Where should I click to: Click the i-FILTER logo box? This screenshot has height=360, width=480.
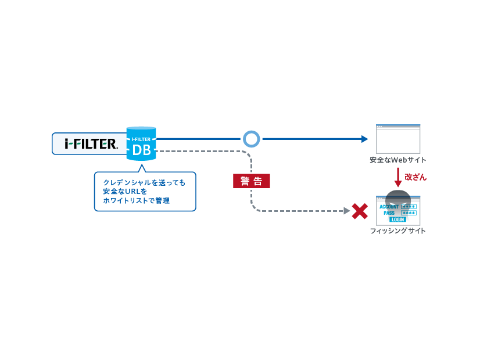[x=90, y=144]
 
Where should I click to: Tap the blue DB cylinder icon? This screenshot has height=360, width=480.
[x=141, y=144]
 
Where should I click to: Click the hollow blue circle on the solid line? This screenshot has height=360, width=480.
[x=252, y=139]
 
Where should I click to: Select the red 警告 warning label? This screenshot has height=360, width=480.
[x=251, y=181]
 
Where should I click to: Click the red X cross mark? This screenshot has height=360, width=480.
[x=360, y=211]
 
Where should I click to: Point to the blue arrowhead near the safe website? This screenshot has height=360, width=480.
[x=364, y=139]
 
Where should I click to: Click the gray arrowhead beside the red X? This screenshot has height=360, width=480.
[x=347, y=211]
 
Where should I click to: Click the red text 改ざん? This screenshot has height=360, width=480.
[x=415, y=177]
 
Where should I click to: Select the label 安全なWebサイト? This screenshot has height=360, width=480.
[x=398, y=160]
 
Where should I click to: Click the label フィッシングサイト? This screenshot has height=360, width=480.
[x=398, y=231]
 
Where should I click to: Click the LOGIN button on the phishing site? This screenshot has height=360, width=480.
[x=398, y=219]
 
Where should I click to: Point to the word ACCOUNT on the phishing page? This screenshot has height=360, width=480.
[x=389, y=207]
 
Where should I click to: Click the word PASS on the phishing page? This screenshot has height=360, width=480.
[x=389, y=213]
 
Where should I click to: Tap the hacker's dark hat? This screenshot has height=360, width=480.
[x=398, y=195]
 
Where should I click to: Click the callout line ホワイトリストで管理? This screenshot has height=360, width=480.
[x=137, y=201]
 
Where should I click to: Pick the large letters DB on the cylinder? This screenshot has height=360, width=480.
[x=141, y=151]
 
